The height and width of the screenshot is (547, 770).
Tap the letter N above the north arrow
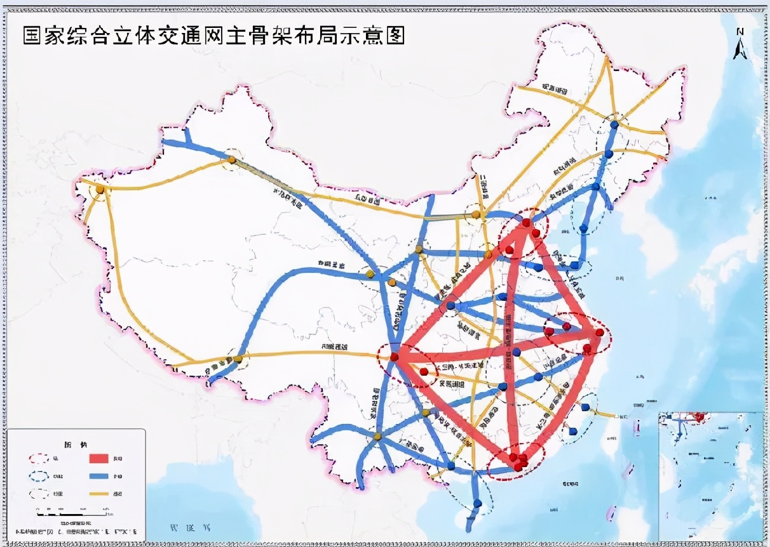pyautogui.click(x=740, y=31)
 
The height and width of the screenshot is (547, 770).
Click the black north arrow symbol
pyautogui.click(x=740, y=48)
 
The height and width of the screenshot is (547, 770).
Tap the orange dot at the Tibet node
pyautogui.click(x=238, y=359)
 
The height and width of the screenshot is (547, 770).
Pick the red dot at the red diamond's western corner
pyautogui.click(x=395, y=357)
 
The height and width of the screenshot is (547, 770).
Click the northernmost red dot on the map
pyautogui.click(x=527, y=223)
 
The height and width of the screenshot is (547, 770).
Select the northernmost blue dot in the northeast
pyautogui.click(x=614, y=125)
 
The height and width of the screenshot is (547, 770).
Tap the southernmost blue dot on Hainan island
pyautogui.click(x=477, y=504)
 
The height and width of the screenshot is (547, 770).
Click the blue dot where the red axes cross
pyautogui.click(x=517, y=352)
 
